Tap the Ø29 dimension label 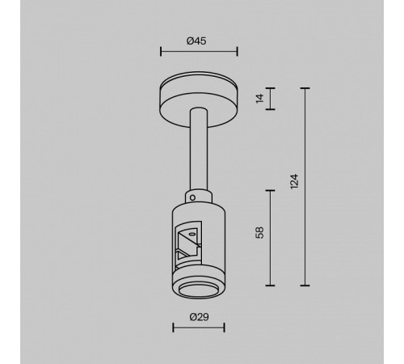[198, 315]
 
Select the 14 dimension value [259, 99]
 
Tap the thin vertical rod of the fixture [199, 154]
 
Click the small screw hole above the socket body [195, 197]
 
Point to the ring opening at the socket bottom [199, 290]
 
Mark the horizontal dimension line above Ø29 [199, 328]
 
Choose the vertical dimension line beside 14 [269, 99]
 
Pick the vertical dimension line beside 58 [269, 238]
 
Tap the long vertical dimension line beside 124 [305, 186]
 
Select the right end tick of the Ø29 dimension [224, 328]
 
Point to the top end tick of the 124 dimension [305, 87]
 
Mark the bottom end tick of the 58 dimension [269, 285]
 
